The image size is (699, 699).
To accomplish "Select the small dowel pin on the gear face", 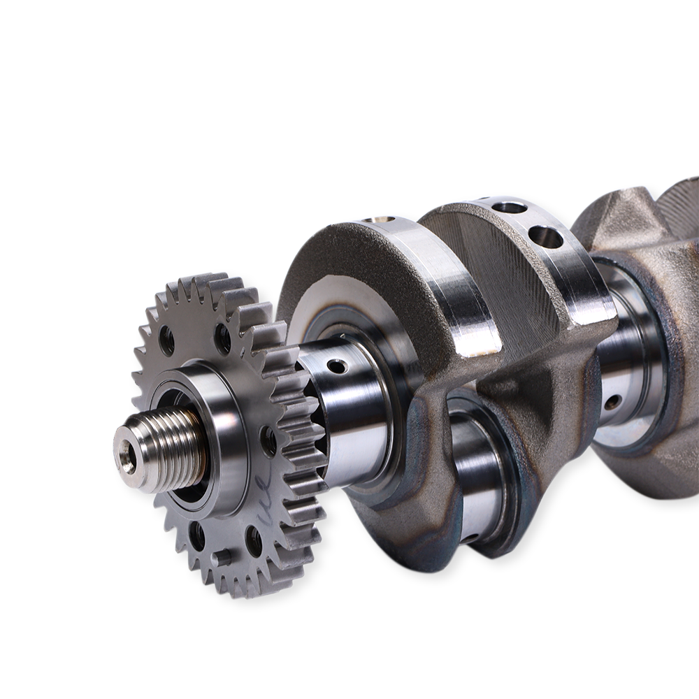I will [x=223, y=558].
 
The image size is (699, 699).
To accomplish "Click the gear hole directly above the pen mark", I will [x=268, y=441].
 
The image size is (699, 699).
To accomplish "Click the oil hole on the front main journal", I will [x=337, y=366].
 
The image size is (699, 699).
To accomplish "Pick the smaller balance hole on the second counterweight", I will [x=510, y=208].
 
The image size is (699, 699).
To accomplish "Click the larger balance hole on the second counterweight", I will [x=545, y=238].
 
